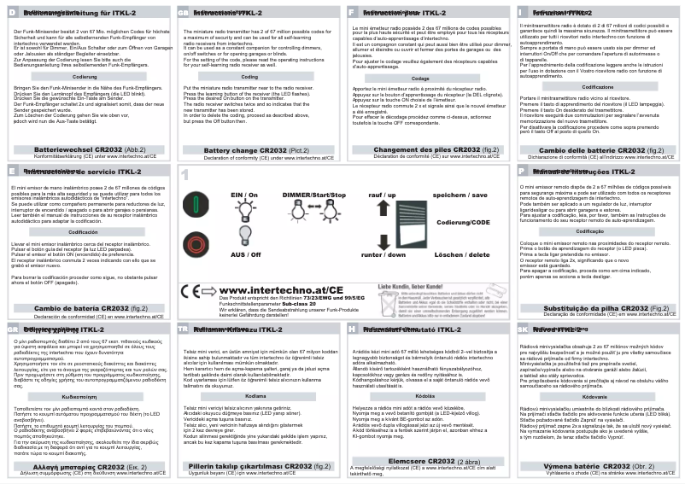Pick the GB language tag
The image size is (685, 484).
[183, 14]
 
